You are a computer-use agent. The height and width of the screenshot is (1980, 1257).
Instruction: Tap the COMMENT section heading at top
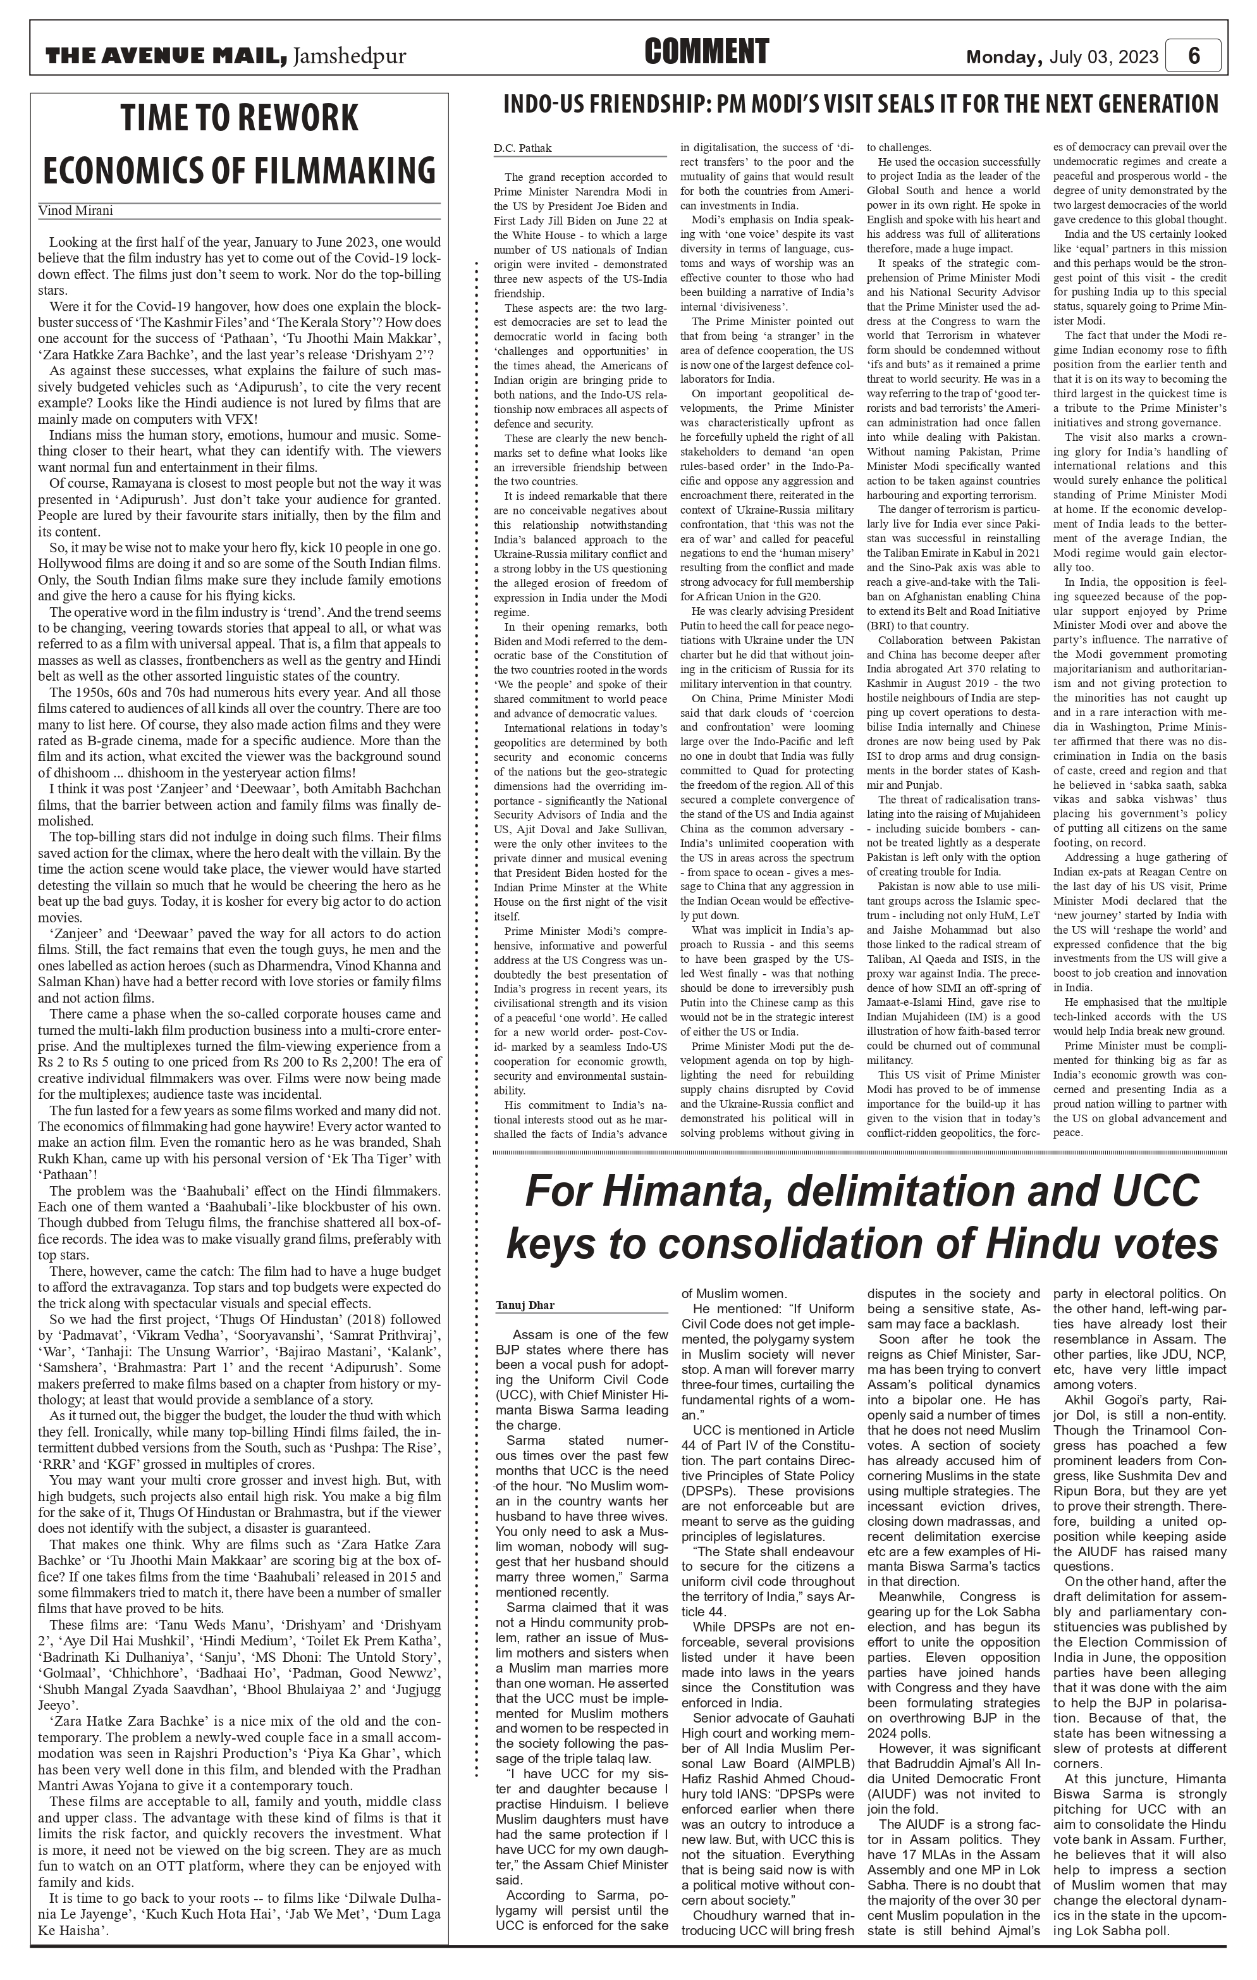706,52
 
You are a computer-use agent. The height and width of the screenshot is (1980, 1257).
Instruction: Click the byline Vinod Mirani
76,211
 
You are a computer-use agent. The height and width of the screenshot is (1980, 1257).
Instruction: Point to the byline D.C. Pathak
523,148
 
